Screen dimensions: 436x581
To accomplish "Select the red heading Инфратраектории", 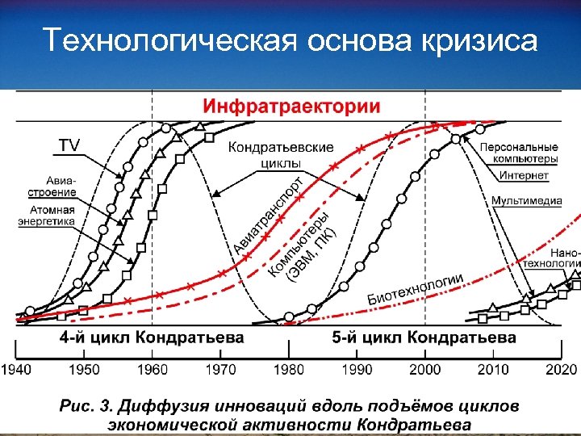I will (291, 107).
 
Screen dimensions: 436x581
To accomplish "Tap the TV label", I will (70, 145).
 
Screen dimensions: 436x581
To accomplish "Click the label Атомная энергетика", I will (48, 215).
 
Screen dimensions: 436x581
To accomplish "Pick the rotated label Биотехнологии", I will (415, 288).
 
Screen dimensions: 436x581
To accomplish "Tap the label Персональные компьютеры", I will (518, 153).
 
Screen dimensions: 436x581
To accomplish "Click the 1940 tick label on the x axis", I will (17, 369).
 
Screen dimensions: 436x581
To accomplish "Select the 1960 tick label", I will (153, 369).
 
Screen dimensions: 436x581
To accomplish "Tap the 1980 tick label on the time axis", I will (289, 369).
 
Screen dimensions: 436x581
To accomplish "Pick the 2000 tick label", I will (425, 369).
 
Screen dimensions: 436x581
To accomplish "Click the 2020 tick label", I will (561, 369).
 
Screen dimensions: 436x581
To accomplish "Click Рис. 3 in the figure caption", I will (85, 405).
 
